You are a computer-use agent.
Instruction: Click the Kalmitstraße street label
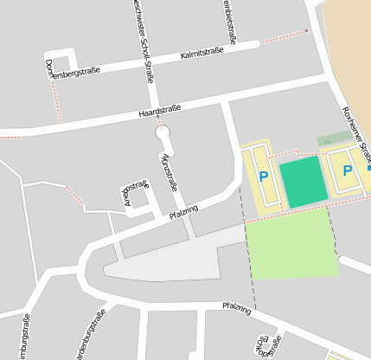pyautogui.click(x=202, y=54)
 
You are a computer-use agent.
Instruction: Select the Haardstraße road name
pyautogui.click(x=159, y=111)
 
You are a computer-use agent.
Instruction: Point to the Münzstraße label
pyautogui.click(x=169, y=170)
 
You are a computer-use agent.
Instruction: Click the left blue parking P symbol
pyautogui.click(x=264, y=176)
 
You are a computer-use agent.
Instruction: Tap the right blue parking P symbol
pyautogui.click(x=348, y=170)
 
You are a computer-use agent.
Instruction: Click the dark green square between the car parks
pyautogui.click(x=304, y=182)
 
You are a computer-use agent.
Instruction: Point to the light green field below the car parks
pyautogui.click(x=292, y=244)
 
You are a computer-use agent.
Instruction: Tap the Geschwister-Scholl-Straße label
pyautogui.click(x=144, y=39)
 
